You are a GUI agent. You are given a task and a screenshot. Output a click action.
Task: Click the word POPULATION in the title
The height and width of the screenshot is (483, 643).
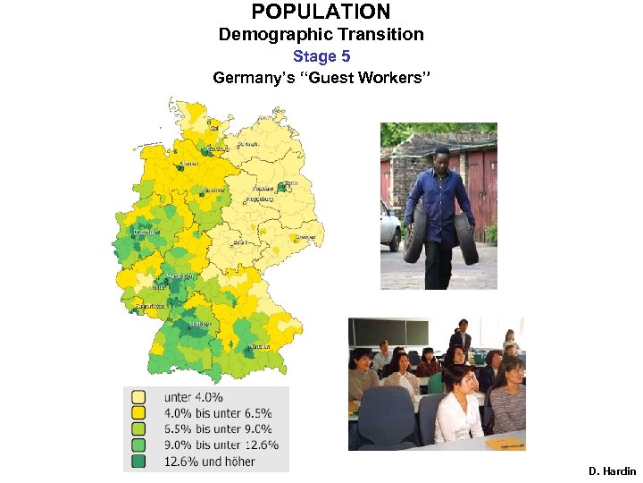[321, 12]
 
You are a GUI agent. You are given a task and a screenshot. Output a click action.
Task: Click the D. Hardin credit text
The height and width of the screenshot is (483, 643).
[612, 470]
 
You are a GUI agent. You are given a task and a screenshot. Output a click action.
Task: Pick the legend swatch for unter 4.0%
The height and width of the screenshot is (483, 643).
[138, 396]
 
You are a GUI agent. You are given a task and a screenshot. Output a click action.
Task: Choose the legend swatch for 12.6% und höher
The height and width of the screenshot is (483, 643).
[138, 462]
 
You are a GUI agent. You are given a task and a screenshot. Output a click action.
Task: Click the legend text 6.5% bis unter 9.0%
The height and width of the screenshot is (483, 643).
[217, 429]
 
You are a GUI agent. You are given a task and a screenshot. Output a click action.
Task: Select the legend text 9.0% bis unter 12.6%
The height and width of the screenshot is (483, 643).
[221, 445]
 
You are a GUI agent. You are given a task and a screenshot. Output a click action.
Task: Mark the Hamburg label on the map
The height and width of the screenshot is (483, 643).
[219, 148]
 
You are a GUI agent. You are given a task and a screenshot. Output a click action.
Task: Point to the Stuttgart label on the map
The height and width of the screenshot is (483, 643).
[200, 324]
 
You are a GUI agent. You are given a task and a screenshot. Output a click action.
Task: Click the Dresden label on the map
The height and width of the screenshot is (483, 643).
[306, 236]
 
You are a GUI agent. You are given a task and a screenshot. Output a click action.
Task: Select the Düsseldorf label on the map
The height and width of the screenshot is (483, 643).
[146, 232]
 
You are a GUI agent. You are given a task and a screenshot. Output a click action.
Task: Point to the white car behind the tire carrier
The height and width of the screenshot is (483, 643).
[390, 226]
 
